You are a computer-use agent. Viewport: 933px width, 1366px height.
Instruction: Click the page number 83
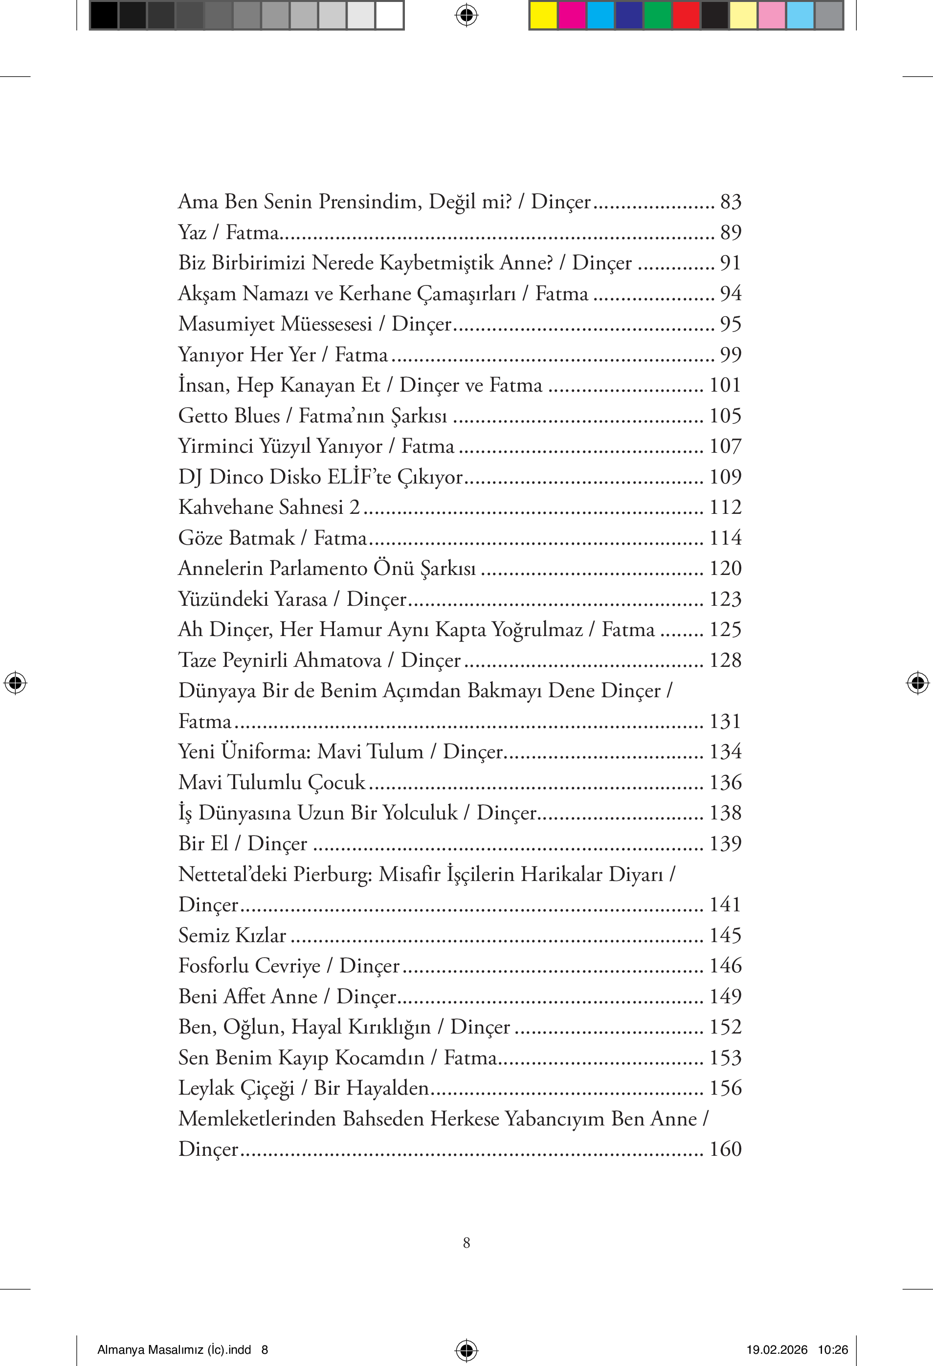click(x=731, y=201)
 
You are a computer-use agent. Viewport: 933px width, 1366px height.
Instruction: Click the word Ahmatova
click(x=337, y=660)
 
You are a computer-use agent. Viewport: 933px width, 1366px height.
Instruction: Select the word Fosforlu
click(x=213, y=966)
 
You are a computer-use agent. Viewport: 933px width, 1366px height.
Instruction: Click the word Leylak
click(x=206, y=1088)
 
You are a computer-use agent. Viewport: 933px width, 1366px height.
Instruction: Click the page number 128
click(x=726, y=660)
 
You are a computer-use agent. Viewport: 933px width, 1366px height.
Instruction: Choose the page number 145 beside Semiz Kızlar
click(x=726, y=935)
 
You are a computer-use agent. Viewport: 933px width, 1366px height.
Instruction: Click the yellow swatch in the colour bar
click(x=543, y=15)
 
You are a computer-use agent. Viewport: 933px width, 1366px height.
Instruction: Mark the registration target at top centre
click(x=466, y=15)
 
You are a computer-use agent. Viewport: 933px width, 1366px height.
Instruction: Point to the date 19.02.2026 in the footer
click(x=777, y=1349)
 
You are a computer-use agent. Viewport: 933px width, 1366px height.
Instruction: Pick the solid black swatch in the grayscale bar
click(x=104, y=15)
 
